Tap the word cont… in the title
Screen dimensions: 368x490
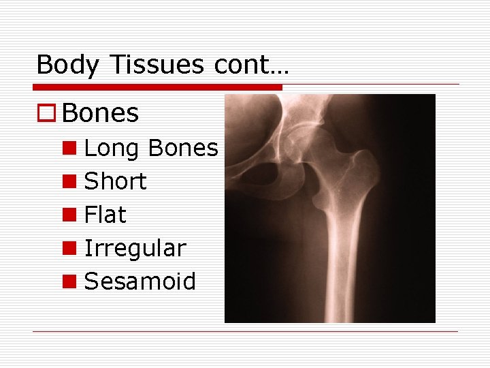252,65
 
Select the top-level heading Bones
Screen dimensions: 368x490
100,114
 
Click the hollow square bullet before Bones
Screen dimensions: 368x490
46,114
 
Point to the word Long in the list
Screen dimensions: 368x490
111,149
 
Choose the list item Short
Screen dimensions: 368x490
115,181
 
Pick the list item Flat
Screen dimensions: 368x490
105,215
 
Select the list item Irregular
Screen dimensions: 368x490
135,249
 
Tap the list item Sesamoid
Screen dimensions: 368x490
140,281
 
